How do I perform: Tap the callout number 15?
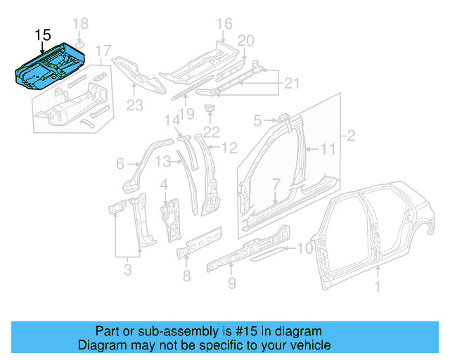[x=42, y=34]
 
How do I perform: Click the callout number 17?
[x=103, y=51]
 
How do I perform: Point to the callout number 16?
[x=224, y=25]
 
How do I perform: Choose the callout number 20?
[x=245, y=40]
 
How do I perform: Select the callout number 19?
[x=186, y=114]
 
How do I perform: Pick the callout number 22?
[x=212, y=131]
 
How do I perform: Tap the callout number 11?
[x=328, y=148]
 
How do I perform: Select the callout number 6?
[x=120, y=164]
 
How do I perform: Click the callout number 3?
[x=127, y=268]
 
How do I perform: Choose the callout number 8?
[x=186, y=275]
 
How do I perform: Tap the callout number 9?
[x=231, y=283]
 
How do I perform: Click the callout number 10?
[x=304, y=247]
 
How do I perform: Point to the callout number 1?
[x=378, y=285]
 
